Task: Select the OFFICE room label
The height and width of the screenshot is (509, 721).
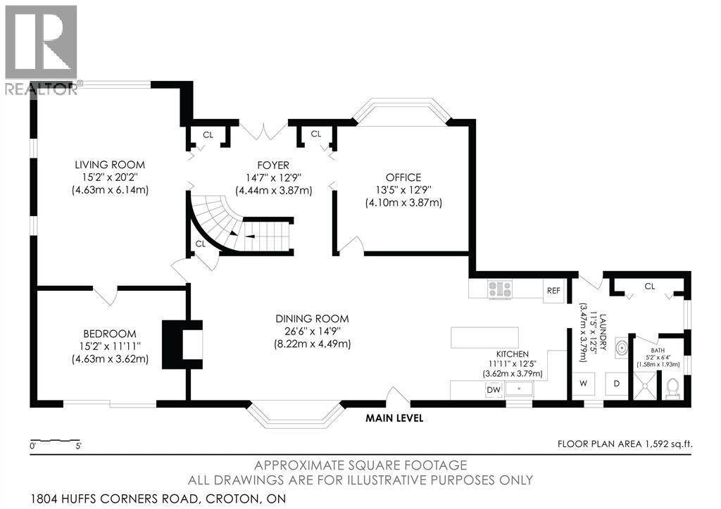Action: tap(403, 177)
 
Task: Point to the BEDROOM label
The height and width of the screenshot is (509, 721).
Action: tap(110, 333)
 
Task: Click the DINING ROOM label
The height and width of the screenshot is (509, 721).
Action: tap(311, 319)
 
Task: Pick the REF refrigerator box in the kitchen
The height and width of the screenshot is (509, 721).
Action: tap(553, 291)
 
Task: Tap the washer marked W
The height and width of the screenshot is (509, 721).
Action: tap(584, 384)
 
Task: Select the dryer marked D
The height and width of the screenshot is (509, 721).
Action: tap(616, 384)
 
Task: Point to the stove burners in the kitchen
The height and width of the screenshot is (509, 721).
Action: tap(500, 287)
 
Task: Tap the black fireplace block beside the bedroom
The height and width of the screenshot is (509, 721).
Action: tap(182, 344)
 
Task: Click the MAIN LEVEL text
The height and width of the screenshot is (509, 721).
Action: tap(394, 418)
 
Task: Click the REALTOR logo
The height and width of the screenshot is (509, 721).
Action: tap(39, 49)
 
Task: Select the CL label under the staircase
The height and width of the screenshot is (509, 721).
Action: tap(200, 244)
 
